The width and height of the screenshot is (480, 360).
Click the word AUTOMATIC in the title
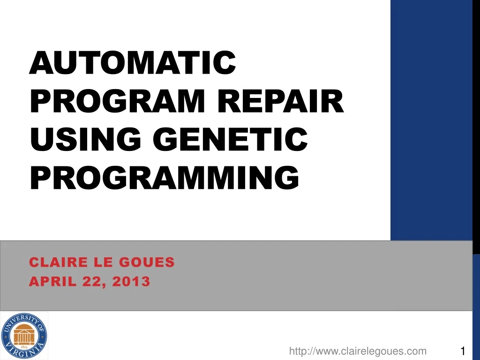pyautogui.click(x=132, y=63)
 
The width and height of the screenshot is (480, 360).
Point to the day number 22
pyautogui.click(x=86, y=282)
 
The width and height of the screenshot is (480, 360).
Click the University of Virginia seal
pyautogui.click(x=24, y=336)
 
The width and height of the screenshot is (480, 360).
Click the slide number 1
pyautogui.click(x=463, y=351)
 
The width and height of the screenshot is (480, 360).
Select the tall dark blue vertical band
pyautogui.click(x=431, y=117)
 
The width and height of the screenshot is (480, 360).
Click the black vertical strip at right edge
pyautogui.click(x=476, y=117)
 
